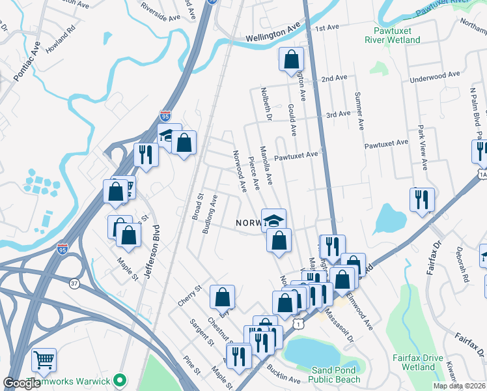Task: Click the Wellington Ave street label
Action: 273,33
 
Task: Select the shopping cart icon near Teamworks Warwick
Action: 44,360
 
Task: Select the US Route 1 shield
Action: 298,324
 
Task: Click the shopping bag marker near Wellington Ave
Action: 291,60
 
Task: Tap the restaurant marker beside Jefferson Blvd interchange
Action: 145,155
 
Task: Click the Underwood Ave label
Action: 434,77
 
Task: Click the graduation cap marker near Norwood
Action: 274,219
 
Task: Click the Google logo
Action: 22,383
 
